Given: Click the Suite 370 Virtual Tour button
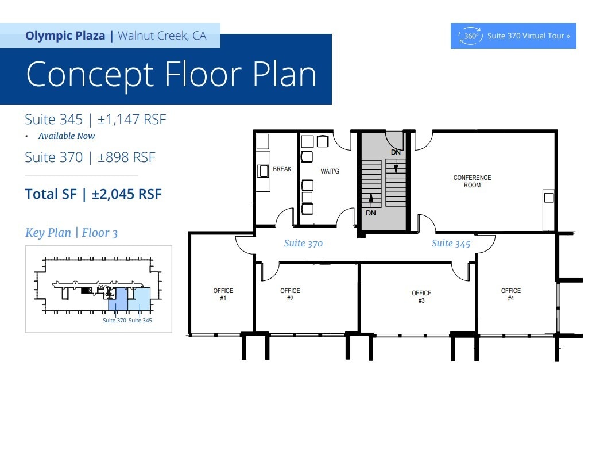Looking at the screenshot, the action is click(513, 36).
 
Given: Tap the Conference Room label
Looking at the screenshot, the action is click(472, 182).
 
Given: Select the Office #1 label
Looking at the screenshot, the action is click(223, 294).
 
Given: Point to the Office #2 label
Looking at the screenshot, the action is click(290, 294).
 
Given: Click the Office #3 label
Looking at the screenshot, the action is click(421, 296).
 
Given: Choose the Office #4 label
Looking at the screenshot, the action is click(511, 294).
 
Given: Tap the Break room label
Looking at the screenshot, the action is click(282, 169).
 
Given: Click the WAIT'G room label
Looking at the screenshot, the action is click(330, 171).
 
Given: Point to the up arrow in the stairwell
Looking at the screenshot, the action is click(371, 201).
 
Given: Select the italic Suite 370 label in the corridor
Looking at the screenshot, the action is click(303, 244).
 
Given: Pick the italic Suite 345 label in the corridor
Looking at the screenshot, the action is click(451, 244).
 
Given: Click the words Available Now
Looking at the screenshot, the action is click(66, 136).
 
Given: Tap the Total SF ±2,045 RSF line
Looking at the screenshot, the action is click(94, 194).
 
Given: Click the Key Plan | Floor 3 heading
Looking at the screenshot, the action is click(72, 233).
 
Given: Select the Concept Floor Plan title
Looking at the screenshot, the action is click(172, 75).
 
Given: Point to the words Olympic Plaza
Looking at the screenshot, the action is click(65, 36).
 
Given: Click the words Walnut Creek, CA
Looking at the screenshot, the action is click(162, 36).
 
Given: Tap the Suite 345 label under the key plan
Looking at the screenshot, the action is click(140, 321).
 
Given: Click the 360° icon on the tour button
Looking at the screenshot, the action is click(471, 36).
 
